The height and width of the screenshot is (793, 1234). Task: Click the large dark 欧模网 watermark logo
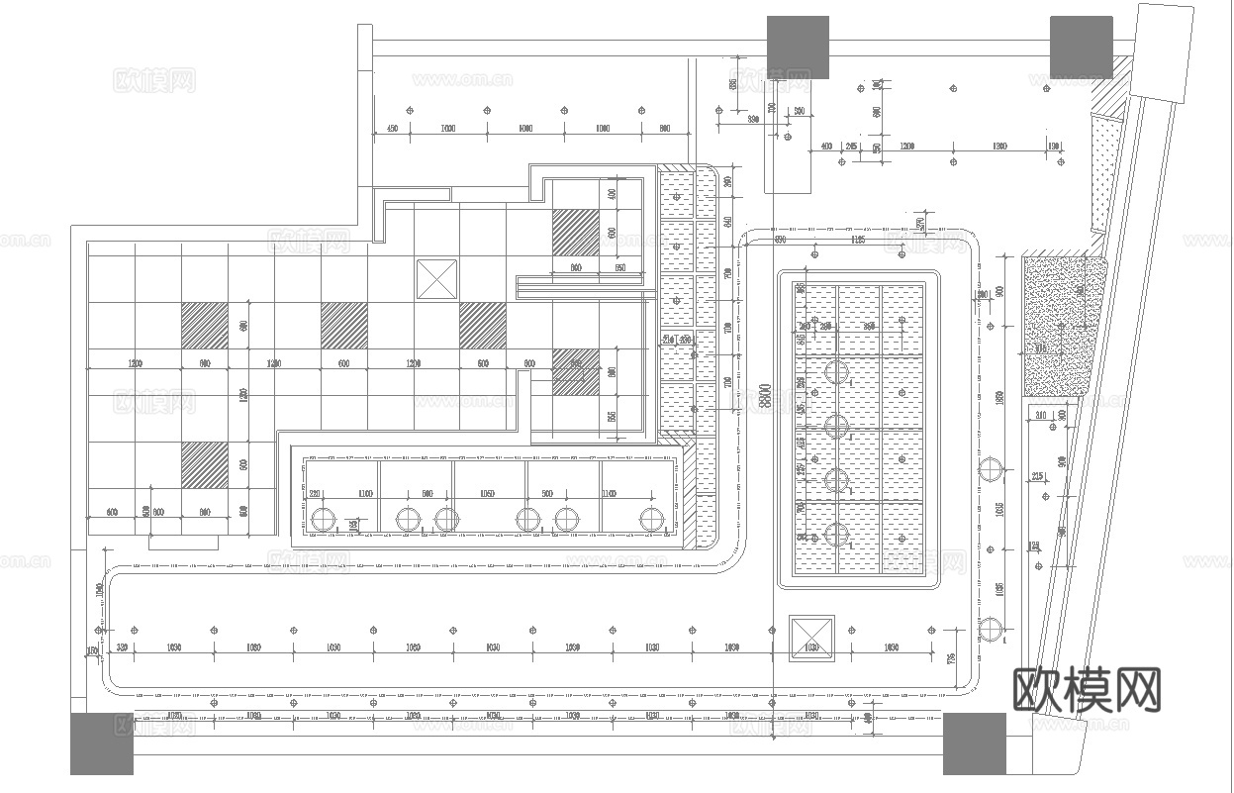(1087, 689)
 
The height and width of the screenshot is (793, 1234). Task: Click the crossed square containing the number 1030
(811, 640)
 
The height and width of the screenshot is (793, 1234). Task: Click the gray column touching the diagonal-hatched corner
(1081, 47)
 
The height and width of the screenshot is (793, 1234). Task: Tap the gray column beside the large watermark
(974, 743)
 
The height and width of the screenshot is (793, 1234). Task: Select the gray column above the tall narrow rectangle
(798, 47)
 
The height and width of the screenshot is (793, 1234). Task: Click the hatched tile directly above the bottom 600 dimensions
(205, 465)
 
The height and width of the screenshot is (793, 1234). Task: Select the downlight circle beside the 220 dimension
(324, 519)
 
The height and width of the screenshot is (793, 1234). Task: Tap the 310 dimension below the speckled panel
(1041, 416)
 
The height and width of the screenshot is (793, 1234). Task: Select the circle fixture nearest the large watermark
(990, 628)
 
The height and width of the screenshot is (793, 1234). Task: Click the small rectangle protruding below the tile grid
(183, 543)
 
